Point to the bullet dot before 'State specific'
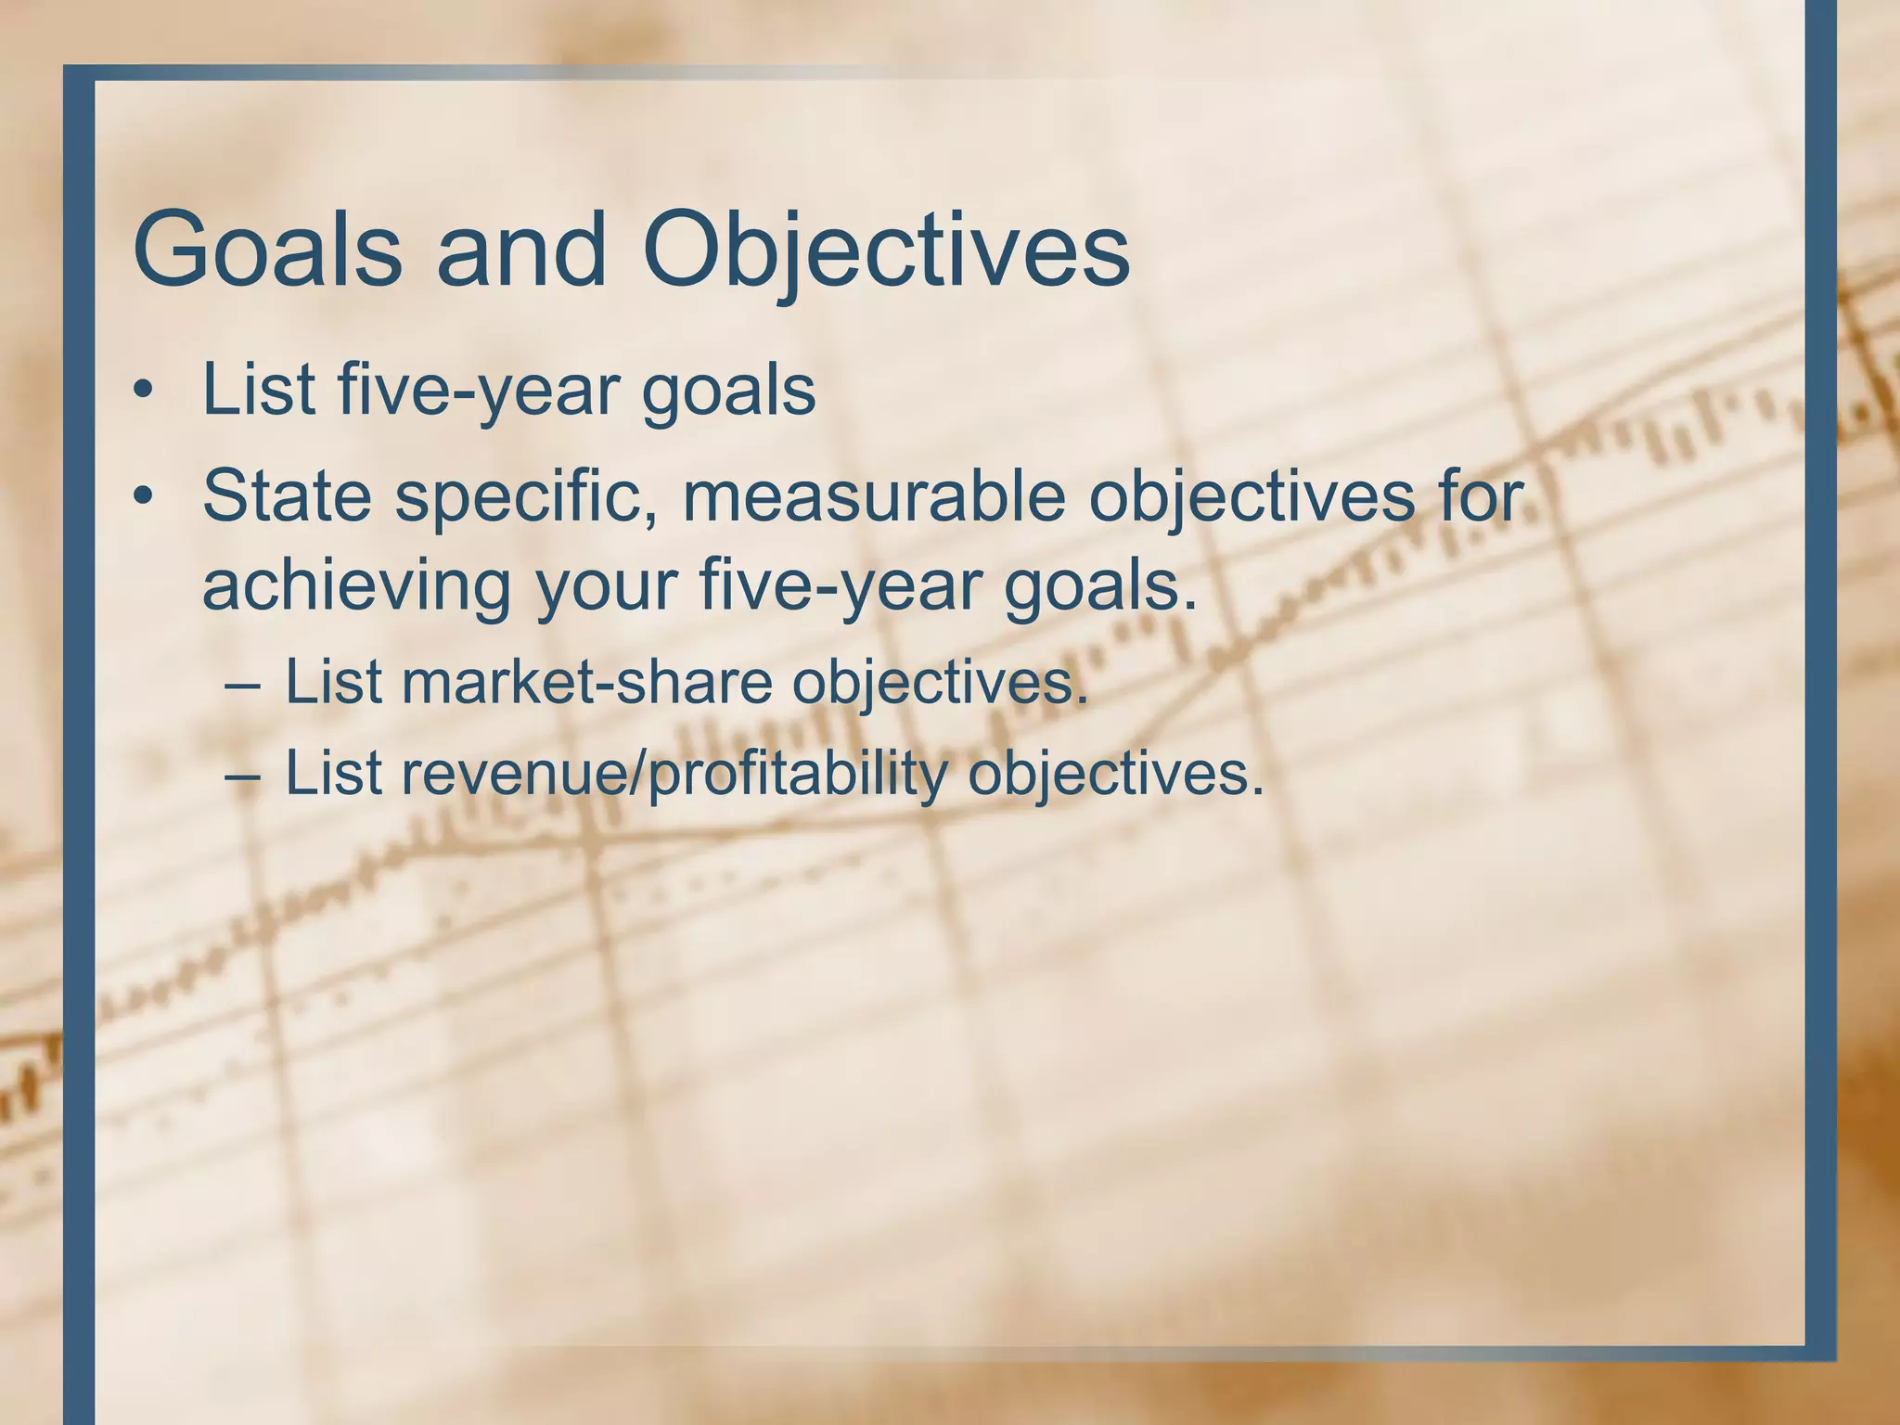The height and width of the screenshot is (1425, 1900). pos(142,496)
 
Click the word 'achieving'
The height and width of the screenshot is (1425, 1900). pos(356,586)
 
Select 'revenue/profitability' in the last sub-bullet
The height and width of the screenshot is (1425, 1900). pos(674,773)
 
